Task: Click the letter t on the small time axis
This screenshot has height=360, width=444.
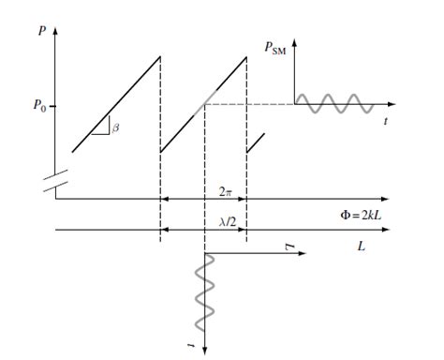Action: pyautogui.click(x=386, y=121)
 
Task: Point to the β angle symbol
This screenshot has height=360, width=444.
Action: pyautogui.click(x=115, y=127)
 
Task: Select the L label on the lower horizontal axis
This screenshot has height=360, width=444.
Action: pyautogui.click(x=361, y=247)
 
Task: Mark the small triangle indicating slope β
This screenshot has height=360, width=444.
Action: pyautogui.click(x=103, y=127)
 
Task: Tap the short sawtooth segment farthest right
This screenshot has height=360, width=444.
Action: pyautogui.click(x=256, y=142)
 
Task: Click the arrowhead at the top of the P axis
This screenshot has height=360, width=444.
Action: pyautogui.click(x=55, y=31)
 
